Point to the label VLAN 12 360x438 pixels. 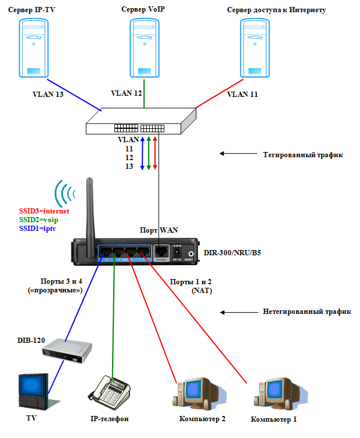127,93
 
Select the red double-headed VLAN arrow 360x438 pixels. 155,153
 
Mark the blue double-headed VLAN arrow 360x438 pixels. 142,153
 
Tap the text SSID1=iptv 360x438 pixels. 38,229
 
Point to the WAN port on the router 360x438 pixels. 163,251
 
